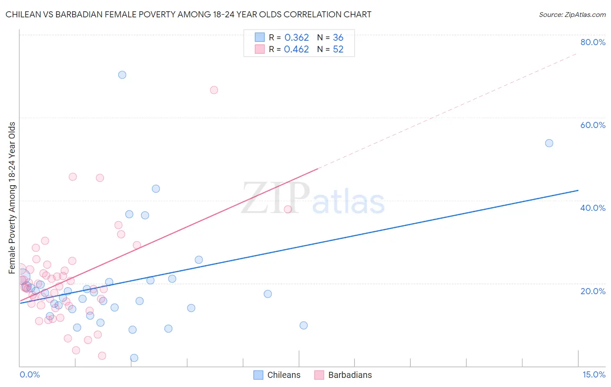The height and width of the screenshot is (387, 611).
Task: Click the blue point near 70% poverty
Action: point(122,75)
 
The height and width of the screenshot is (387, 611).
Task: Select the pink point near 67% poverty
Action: point(214,90)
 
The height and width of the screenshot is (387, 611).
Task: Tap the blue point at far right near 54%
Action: point(549,143)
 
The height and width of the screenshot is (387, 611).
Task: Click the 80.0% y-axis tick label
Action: point(593,42)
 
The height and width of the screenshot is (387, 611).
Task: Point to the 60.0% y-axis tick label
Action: point(593,125)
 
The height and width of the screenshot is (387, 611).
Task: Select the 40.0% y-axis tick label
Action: point(593,208)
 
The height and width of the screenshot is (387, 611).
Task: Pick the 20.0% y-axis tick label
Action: point(593,291)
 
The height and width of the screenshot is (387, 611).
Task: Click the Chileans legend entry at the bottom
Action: point(277,375)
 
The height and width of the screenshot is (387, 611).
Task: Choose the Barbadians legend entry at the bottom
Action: point(343,375)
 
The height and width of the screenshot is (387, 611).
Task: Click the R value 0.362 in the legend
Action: point(296,38)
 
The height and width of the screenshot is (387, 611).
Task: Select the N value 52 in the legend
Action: point(338,49)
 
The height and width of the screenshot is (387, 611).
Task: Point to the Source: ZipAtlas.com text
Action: point(572,15)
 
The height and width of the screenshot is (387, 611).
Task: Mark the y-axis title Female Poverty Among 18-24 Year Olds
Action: point(12,198)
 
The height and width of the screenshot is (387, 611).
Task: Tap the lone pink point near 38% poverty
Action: point(288,210)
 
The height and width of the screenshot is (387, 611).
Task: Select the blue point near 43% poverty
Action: point(156,189)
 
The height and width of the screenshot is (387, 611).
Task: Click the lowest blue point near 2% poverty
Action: point(134,358)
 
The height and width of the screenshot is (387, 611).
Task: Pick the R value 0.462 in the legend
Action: point(296,49)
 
